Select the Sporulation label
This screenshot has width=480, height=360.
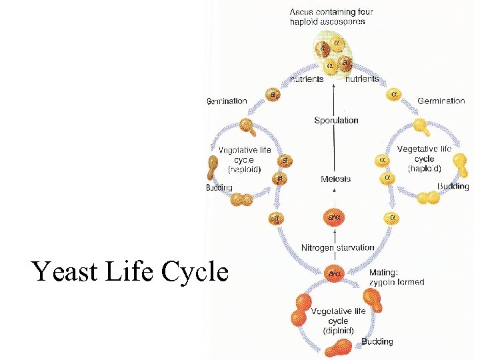pyautogui.click(x=336, y=121)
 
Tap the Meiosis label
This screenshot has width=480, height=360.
pyautogui.click(x=335, y=179)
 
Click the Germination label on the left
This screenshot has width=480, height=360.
pyautogui.click(x=227, y=101)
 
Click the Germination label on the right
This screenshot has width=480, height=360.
pyautogui.click(x=441, y=101)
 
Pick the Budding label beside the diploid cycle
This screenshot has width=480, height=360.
pyautogui.click(x=377, y=342)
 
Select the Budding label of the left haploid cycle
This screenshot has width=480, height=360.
pyautogui.click(x=219, y=188)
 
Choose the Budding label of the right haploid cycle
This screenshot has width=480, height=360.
pyautogui.click(x=453, y=187)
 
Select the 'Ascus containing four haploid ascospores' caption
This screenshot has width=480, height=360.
pyautogui.click(x=331, y=17)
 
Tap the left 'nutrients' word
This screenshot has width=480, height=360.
pyautogui.click(x=306, y=79)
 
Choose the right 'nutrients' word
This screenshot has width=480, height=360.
pyautogui.click(x=361, y=79)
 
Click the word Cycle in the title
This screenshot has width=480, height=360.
pyautogui.click(x=196, y=272)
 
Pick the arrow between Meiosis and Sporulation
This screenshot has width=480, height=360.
pyautogui.click(x=335, y=150)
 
